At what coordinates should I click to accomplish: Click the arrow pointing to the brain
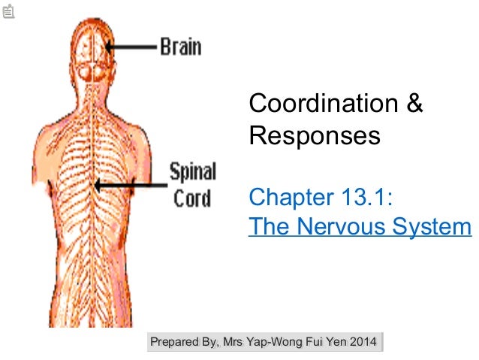point(131,46)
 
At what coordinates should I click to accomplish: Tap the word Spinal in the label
point(193,172)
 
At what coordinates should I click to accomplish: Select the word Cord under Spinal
point(192,199)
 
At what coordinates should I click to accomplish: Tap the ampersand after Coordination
point(415,104)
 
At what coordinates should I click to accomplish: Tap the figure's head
point(95,53)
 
